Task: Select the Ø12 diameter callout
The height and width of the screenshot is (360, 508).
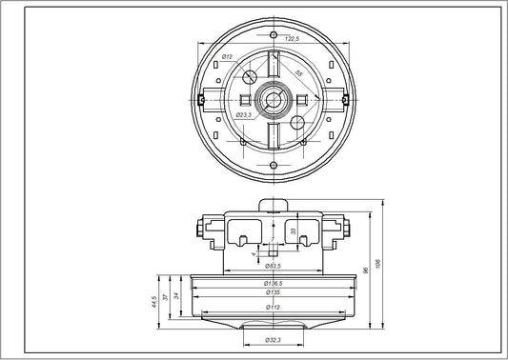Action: [229, 58]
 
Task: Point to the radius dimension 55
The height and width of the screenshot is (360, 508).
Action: [299, 73]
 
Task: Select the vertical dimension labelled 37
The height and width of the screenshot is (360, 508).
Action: [168, 299]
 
